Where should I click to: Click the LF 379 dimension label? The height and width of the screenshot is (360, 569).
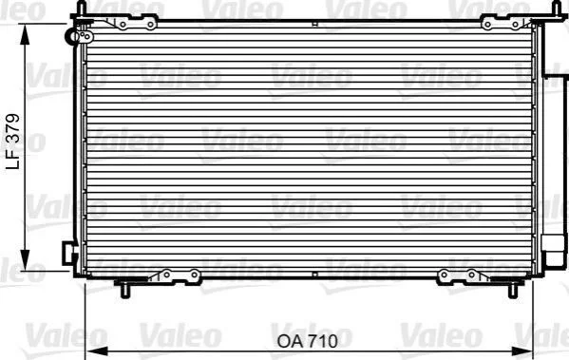[13, 142]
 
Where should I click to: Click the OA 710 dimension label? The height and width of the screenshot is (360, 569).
[308, 341]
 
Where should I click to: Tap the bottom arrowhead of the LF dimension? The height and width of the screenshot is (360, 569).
[25, 260]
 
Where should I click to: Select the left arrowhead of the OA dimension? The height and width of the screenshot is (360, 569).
[98, 351]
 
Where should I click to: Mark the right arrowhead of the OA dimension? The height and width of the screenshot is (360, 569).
[522, 351]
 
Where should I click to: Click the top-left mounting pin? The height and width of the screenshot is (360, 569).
[82, 8]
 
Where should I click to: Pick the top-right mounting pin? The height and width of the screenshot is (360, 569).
[556, 8]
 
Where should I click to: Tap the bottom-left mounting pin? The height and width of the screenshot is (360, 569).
[124, 290]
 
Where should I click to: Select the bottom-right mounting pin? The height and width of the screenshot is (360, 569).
[513, 290]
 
